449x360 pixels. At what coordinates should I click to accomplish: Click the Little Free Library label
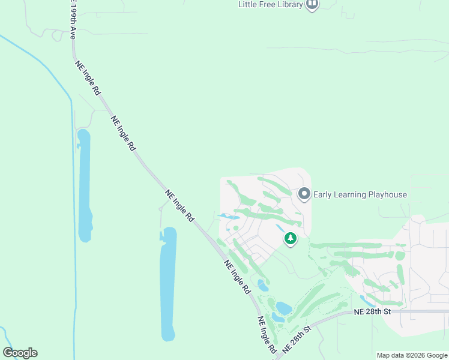270,5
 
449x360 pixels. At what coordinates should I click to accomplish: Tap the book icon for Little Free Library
312,5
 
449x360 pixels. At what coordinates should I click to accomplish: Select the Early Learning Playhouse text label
360,194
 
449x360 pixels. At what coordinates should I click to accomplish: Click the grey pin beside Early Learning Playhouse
304,194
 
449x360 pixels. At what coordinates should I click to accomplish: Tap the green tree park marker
291,239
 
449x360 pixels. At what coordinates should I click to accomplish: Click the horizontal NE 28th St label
372,311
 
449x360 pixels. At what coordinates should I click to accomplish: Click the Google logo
20,353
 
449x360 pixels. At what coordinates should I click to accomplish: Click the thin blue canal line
73,180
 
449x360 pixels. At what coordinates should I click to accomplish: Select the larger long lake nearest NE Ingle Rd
168,282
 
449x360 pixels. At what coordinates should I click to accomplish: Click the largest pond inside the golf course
283,308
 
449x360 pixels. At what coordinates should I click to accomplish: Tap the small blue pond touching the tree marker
281,229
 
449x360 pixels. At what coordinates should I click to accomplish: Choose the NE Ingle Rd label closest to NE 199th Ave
88,78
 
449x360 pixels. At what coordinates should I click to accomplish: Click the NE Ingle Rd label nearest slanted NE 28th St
267,335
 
